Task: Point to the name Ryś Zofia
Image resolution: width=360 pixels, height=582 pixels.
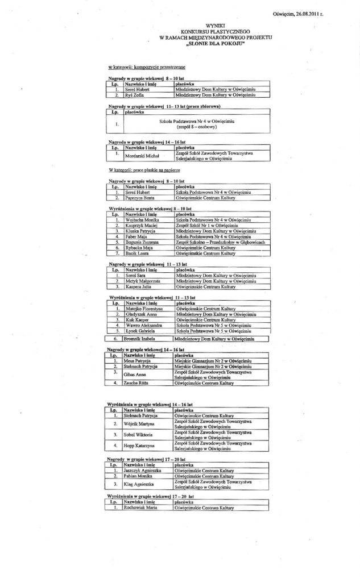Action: pyautogui.click(x=134, y=95)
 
